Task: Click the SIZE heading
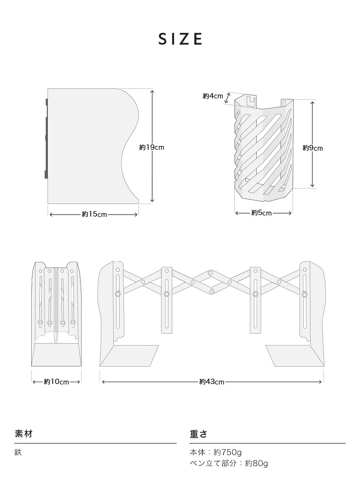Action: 180,39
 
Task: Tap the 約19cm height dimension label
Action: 152,147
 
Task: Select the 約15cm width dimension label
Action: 94,214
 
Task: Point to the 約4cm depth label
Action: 213,96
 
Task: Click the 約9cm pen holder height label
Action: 312,148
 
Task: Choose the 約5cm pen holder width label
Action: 262,213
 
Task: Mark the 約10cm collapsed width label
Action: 56,382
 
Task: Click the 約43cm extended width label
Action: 212,382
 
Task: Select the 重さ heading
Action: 198,434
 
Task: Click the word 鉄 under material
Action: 18,452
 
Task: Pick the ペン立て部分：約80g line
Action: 228,463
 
